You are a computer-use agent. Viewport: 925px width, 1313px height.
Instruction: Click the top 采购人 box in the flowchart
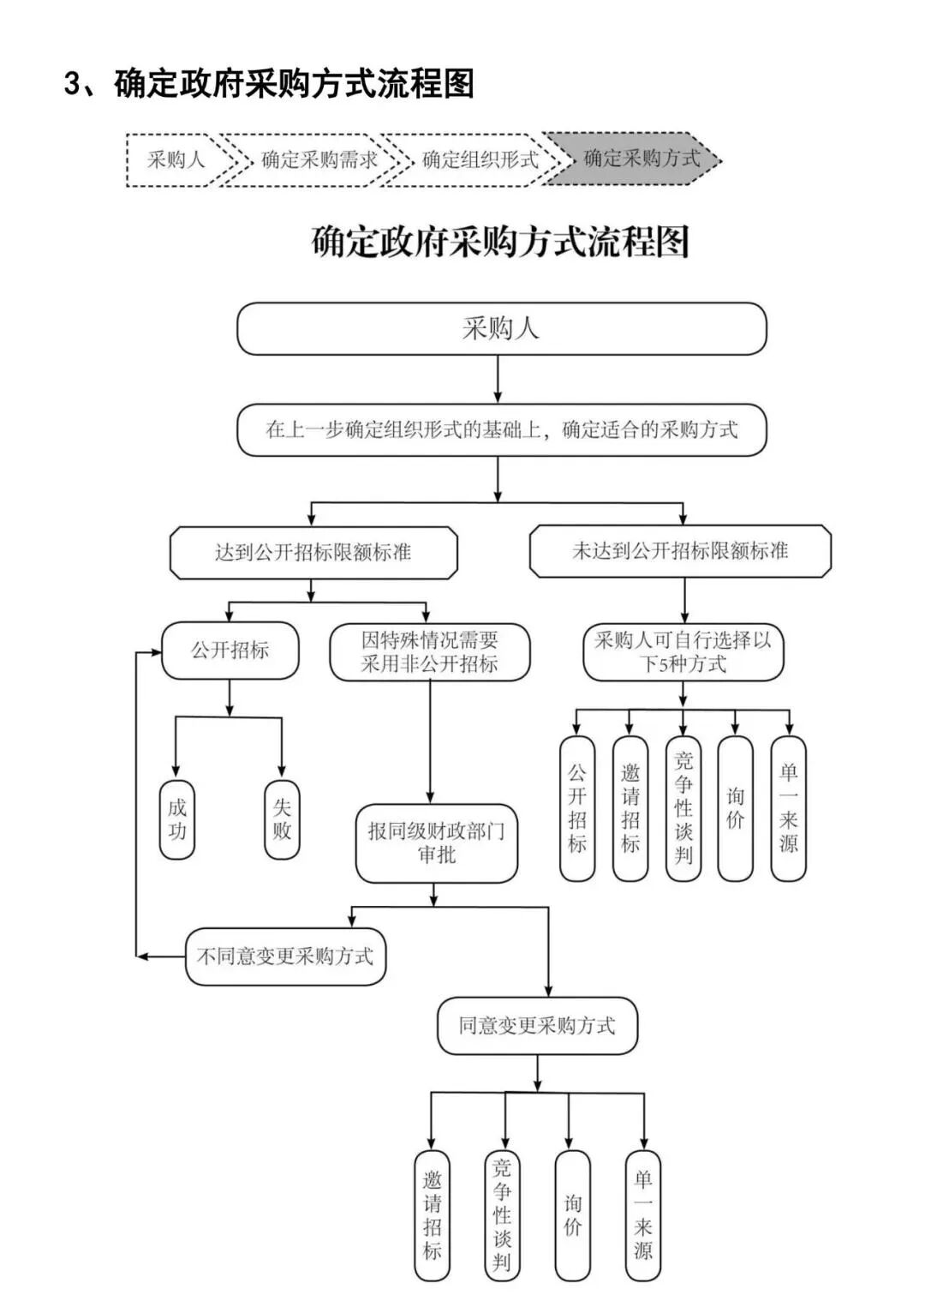point(501,328)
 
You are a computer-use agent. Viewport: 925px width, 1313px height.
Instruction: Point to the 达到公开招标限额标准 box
point(313,553)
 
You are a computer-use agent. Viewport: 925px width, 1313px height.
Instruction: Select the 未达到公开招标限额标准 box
point(680,551)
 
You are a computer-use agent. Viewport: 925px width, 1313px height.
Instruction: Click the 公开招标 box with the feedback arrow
point(230,651)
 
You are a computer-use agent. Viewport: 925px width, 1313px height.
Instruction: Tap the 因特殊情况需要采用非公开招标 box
point(429,652)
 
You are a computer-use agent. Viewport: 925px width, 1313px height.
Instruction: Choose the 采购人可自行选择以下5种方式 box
point(683,652)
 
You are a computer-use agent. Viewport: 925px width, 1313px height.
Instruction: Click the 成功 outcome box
point(177,819)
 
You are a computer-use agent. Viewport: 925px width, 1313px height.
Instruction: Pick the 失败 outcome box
point(282,819)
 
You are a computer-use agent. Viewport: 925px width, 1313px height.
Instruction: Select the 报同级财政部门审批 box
point(436,843)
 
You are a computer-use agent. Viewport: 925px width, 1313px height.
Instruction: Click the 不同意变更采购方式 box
point(285,956)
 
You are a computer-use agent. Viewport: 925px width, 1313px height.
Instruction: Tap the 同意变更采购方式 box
point(537,1026)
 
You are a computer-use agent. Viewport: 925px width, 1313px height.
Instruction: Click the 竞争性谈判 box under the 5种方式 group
point(683,808)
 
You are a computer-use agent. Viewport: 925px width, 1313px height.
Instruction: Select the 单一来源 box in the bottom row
point(642,1215)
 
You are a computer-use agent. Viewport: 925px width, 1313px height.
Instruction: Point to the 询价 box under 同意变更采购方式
point(572,1215)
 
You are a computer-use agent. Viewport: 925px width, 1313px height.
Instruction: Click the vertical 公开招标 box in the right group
point(577,808)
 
